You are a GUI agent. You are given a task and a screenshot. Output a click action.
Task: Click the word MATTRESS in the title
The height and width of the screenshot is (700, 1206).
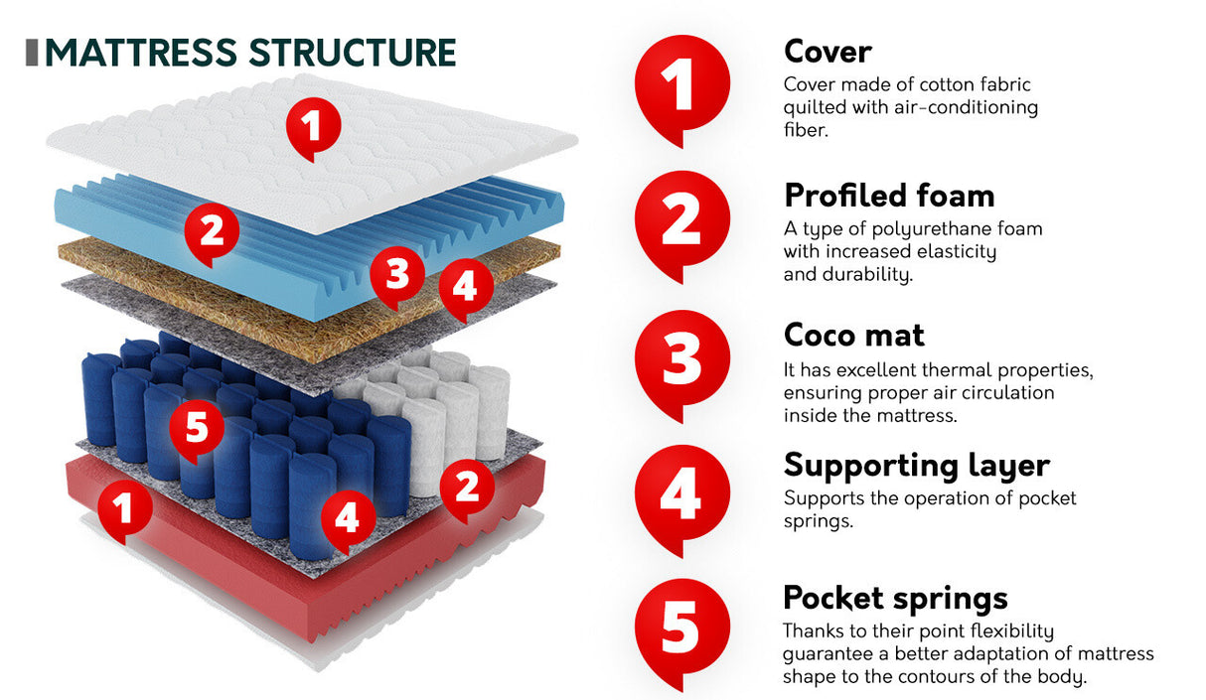pos(143,53)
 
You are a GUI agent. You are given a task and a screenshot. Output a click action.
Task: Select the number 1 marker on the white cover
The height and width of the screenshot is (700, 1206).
pos(313,127)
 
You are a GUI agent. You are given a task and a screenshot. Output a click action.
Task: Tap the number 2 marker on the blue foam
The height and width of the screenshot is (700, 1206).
pos(212,231)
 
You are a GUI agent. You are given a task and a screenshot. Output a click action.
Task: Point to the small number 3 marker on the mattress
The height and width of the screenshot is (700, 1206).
pos(397,273)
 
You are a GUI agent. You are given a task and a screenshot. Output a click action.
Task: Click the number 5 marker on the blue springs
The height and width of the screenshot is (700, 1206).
pos(197,429)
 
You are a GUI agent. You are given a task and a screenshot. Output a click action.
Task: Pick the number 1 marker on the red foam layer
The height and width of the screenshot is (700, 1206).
pos(122,508)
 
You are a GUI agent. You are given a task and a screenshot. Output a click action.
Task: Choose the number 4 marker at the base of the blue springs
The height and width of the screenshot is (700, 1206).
pos(346,517)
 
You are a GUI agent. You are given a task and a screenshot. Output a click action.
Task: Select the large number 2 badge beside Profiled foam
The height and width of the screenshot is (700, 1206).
pos(681,221)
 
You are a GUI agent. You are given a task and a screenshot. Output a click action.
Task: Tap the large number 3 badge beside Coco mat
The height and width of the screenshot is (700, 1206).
pos(681,358)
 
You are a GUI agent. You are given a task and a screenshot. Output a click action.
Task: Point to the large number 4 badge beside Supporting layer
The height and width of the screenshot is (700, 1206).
pos(681,493)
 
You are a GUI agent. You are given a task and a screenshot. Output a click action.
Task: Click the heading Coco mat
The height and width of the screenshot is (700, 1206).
pos(853,335)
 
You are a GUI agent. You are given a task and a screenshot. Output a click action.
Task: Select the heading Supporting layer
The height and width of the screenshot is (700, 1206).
pos(916,465)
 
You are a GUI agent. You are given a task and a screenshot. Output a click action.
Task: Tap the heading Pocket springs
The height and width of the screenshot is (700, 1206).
pos(895,598)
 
